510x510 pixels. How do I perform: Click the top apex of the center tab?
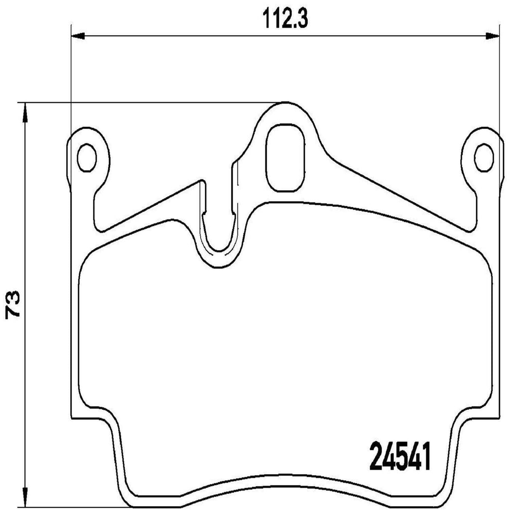coord(285,104)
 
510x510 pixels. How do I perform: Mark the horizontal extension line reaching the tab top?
coord(149,103)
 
